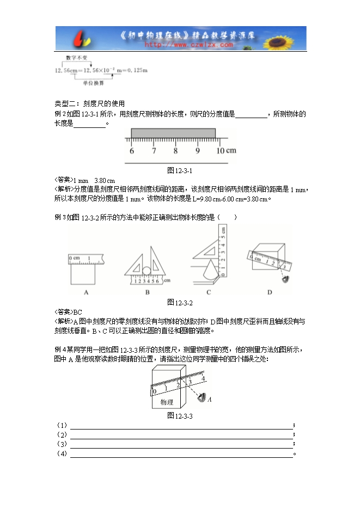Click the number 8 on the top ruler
(x=175, y=151)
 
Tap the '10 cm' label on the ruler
(x=225, y=151)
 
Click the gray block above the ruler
(x=174, y=133)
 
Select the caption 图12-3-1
(x=180, y=170)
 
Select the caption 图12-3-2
(x=180, y=302)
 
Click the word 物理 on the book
(x=167, y=402)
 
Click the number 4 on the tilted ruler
(x=203, y=378)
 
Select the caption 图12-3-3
(x=180, y=416)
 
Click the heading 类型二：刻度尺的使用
(x=90, y=103)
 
